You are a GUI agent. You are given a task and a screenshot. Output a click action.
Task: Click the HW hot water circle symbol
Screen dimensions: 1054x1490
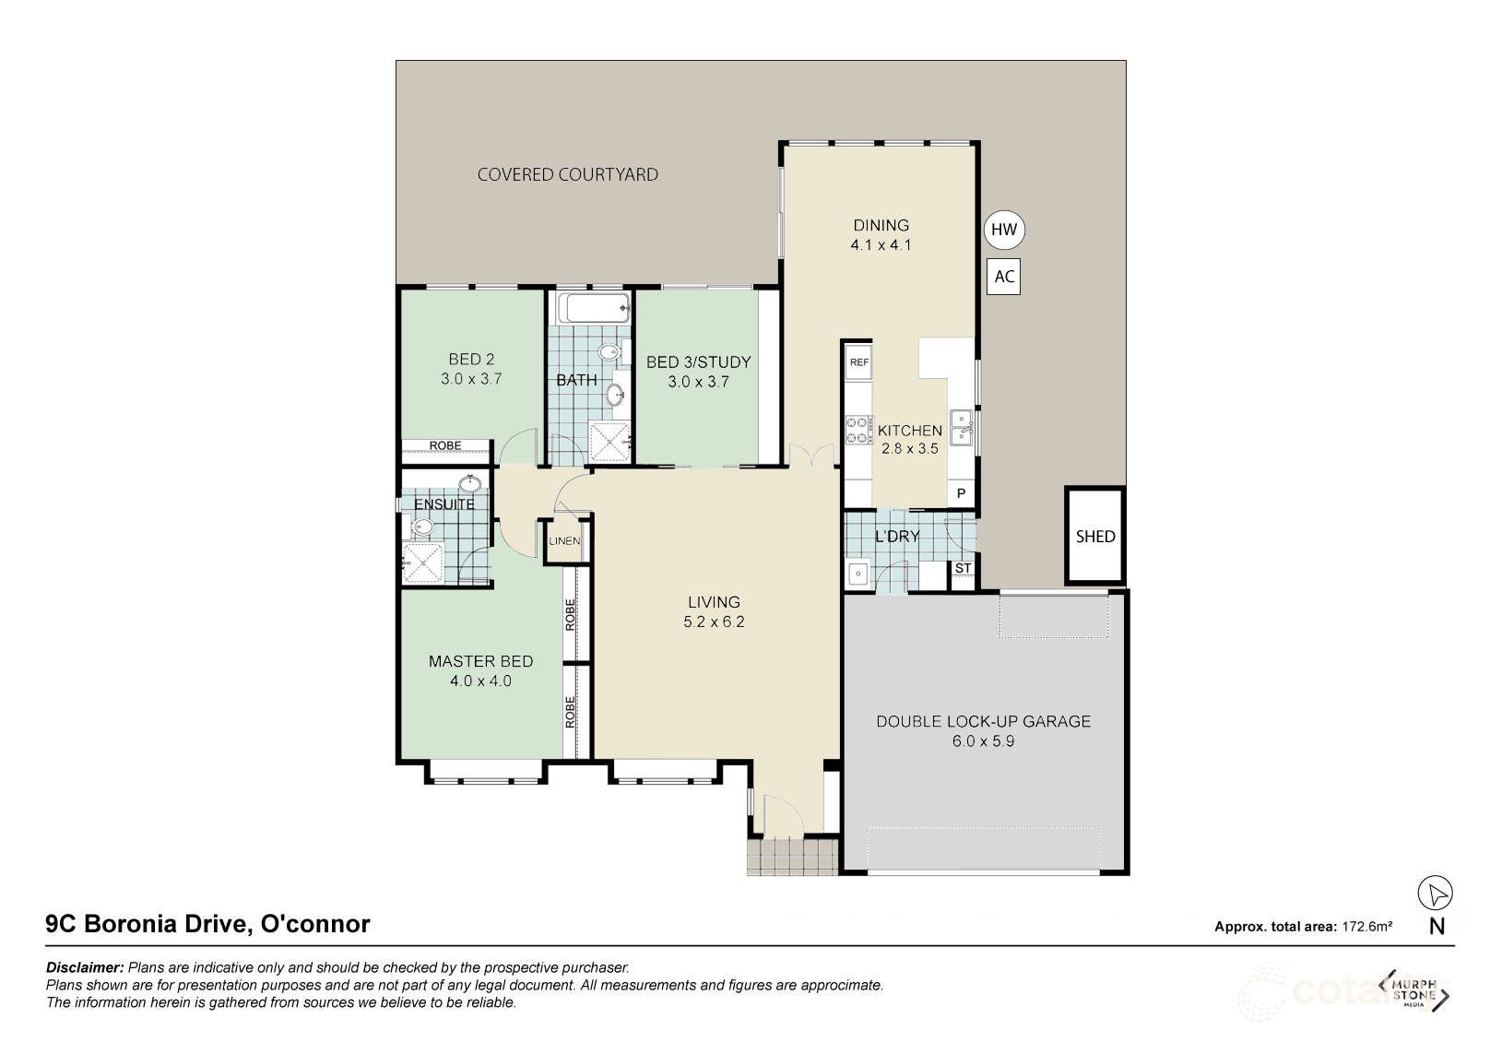click(x=1004, y=230)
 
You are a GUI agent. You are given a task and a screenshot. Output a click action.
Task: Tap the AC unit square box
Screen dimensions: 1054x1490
click(x=1004, y=277)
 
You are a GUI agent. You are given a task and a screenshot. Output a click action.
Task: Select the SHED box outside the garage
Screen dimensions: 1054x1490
click(x=1094, y=536)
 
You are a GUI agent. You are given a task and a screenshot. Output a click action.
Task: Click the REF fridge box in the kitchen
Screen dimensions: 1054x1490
click(x=858, y=362)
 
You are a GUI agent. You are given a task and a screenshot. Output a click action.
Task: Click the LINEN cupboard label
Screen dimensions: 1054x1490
click(x=564, y=541)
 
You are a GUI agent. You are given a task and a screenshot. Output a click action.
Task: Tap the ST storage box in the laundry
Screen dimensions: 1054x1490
click(x=963, y=568)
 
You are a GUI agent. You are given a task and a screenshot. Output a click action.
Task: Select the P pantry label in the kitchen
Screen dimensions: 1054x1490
click(x=961, y=494)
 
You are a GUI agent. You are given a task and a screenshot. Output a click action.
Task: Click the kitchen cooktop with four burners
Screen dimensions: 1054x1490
click(x=858, y=430)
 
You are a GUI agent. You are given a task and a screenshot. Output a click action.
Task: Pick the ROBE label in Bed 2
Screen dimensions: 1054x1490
click(x=445, y=445)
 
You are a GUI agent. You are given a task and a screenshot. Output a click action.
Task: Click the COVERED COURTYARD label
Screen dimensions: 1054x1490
click(x=567, y=174)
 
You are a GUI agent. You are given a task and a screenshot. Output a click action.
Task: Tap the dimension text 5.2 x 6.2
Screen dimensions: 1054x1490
click(x=714, y=622)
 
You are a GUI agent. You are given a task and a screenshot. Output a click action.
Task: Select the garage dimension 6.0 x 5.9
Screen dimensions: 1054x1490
click(x=983, y=740)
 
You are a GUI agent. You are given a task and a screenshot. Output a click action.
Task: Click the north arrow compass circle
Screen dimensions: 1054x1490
click(x=1435, y=893)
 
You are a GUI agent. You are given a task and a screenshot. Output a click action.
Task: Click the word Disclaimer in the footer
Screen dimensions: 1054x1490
click(x=84, y=967)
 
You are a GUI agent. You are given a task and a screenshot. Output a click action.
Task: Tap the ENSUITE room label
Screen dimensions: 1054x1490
click(x=443, y=504)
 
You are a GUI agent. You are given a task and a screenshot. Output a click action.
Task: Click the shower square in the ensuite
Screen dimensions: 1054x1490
click(x=423, y=563)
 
